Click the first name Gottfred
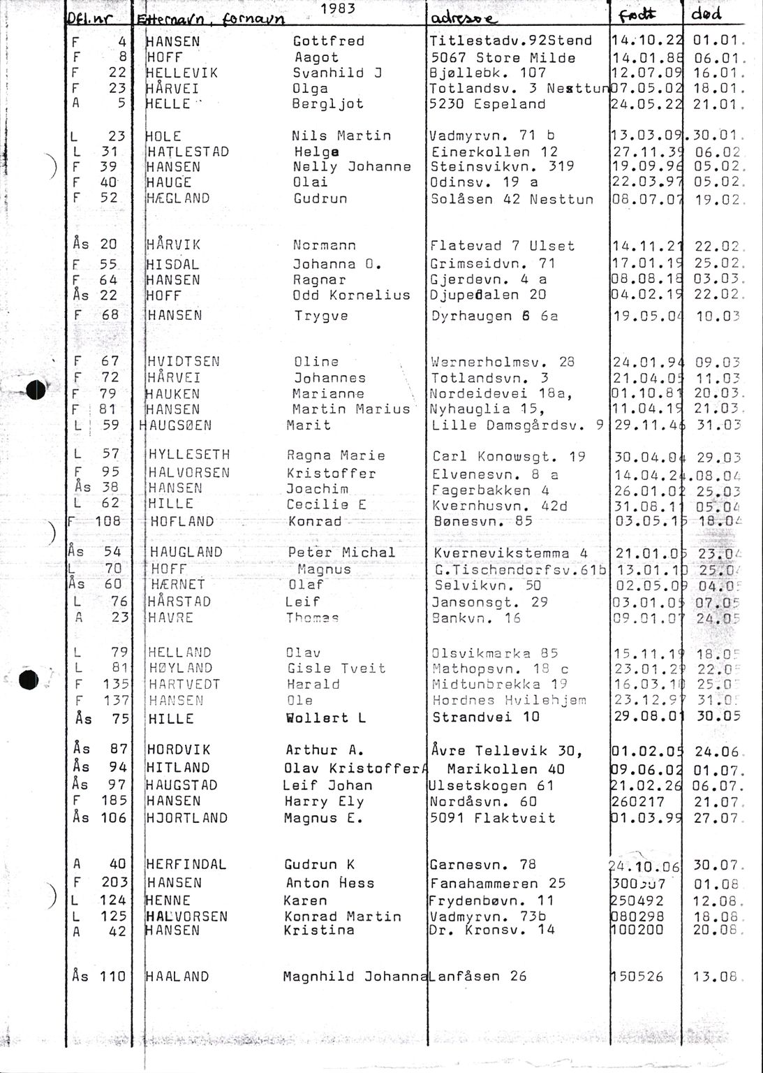(328, 42)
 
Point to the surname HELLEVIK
(182, 73)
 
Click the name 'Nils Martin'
(341, 136)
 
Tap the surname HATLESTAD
(188, 152)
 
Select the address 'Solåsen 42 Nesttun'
(512, 199)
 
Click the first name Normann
(324, 246)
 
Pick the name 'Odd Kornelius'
(351, 295)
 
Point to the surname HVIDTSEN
(184, 362)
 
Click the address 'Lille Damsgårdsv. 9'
(517, 425)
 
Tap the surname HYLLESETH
(189, 455)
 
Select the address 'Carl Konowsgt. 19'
(498, 457)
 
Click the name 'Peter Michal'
(341, 553)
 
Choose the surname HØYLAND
(180, 669)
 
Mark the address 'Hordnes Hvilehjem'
(509, 701)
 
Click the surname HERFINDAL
(186, 865)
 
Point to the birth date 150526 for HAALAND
(637, 977)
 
